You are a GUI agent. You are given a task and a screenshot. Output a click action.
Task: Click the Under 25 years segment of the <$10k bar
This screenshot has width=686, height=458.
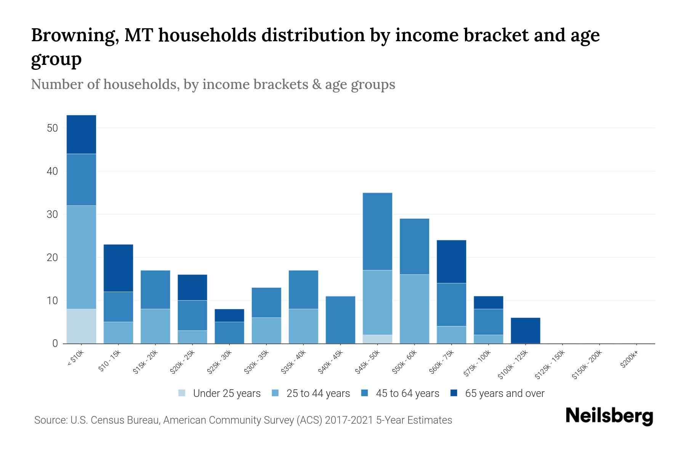coord(81,326)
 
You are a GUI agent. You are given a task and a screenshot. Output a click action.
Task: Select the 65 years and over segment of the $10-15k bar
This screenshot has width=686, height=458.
coord(118,268)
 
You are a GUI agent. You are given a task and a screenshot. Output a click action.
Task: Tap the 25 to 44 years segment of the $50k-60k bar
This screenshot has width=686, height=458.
coord(414,309)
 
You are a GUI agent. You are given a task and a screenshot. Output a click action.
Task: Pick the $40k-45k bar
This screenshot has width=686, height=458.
coord(340,320)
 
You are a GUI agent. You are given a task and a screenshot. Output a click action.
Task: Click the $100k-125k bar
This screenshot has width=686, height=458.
coord(525,331)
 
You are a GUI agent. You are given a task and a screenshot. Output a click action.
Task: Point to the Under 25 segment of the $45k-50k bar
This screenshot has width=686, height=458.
coord(377,339)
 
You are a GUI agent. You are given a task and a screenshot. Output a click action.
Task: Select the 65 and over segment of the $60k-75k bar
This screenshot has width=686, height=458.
coord(451,261)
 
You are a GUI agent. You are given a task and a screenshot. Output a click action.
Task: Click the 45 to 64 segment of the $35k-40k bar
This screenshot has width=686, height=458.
coord(303,289)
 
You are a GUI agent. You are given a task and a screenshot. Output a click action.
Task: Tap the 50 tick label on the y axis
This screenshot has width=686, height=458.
coord(52,128)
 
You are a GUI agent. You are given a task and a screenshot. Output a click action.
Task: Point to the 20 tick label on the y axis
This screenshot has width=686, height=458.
coord(52,258)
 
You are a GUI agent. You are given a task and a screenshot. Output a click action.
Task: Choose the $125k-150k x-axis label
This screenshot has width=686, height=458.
coord(550,364)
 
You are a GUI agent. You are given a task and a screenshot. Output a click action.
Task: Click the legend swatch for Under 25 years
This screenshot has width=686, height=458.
coord(182,393)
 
